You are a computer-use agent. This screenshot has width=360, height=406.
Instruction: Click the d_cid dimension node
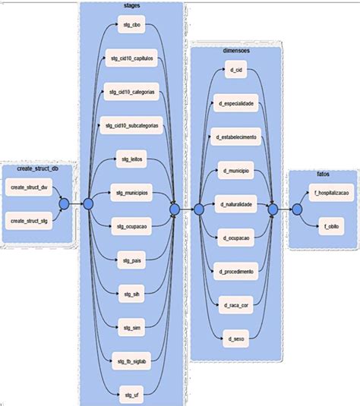[235, 70]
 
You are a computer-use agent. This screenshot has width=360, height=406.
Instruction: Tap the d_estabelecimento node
[235, 137]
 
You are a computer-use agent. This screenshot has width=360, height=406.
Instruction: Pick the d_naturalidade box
[235, 204]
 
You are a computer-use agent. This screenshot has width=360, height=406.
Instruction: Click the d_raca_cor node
[235, 304]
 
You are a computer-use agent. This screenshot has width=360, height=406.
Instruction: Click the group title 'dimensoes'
[237, 50]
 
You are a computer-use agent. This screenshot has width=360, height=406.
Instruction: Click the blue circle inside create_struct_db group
[65, 203]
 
